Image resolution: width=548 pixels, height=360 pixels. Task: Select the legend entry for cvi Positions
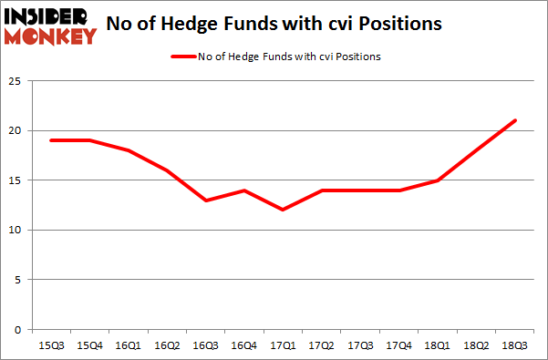coord(275,57)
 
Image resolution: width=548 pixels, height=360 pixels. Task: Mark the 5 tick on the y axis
coord(16,280)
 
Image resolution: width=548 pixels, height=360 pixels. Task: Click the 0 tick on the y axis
coord(16,329)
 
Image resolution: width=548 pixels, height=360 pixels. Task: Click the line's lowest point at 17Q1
coord(284,210)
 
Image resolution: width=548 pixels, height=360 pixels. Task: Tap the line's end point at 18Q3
coord(516,120)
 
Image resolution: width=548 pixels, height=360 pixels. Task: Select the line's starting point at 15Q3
coord(53,140)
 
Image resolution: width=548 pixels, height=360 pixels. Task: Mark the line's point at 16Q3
coord(207,200)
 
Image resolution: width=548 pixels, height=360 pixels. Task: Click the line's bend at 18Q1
coord(439,180)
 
